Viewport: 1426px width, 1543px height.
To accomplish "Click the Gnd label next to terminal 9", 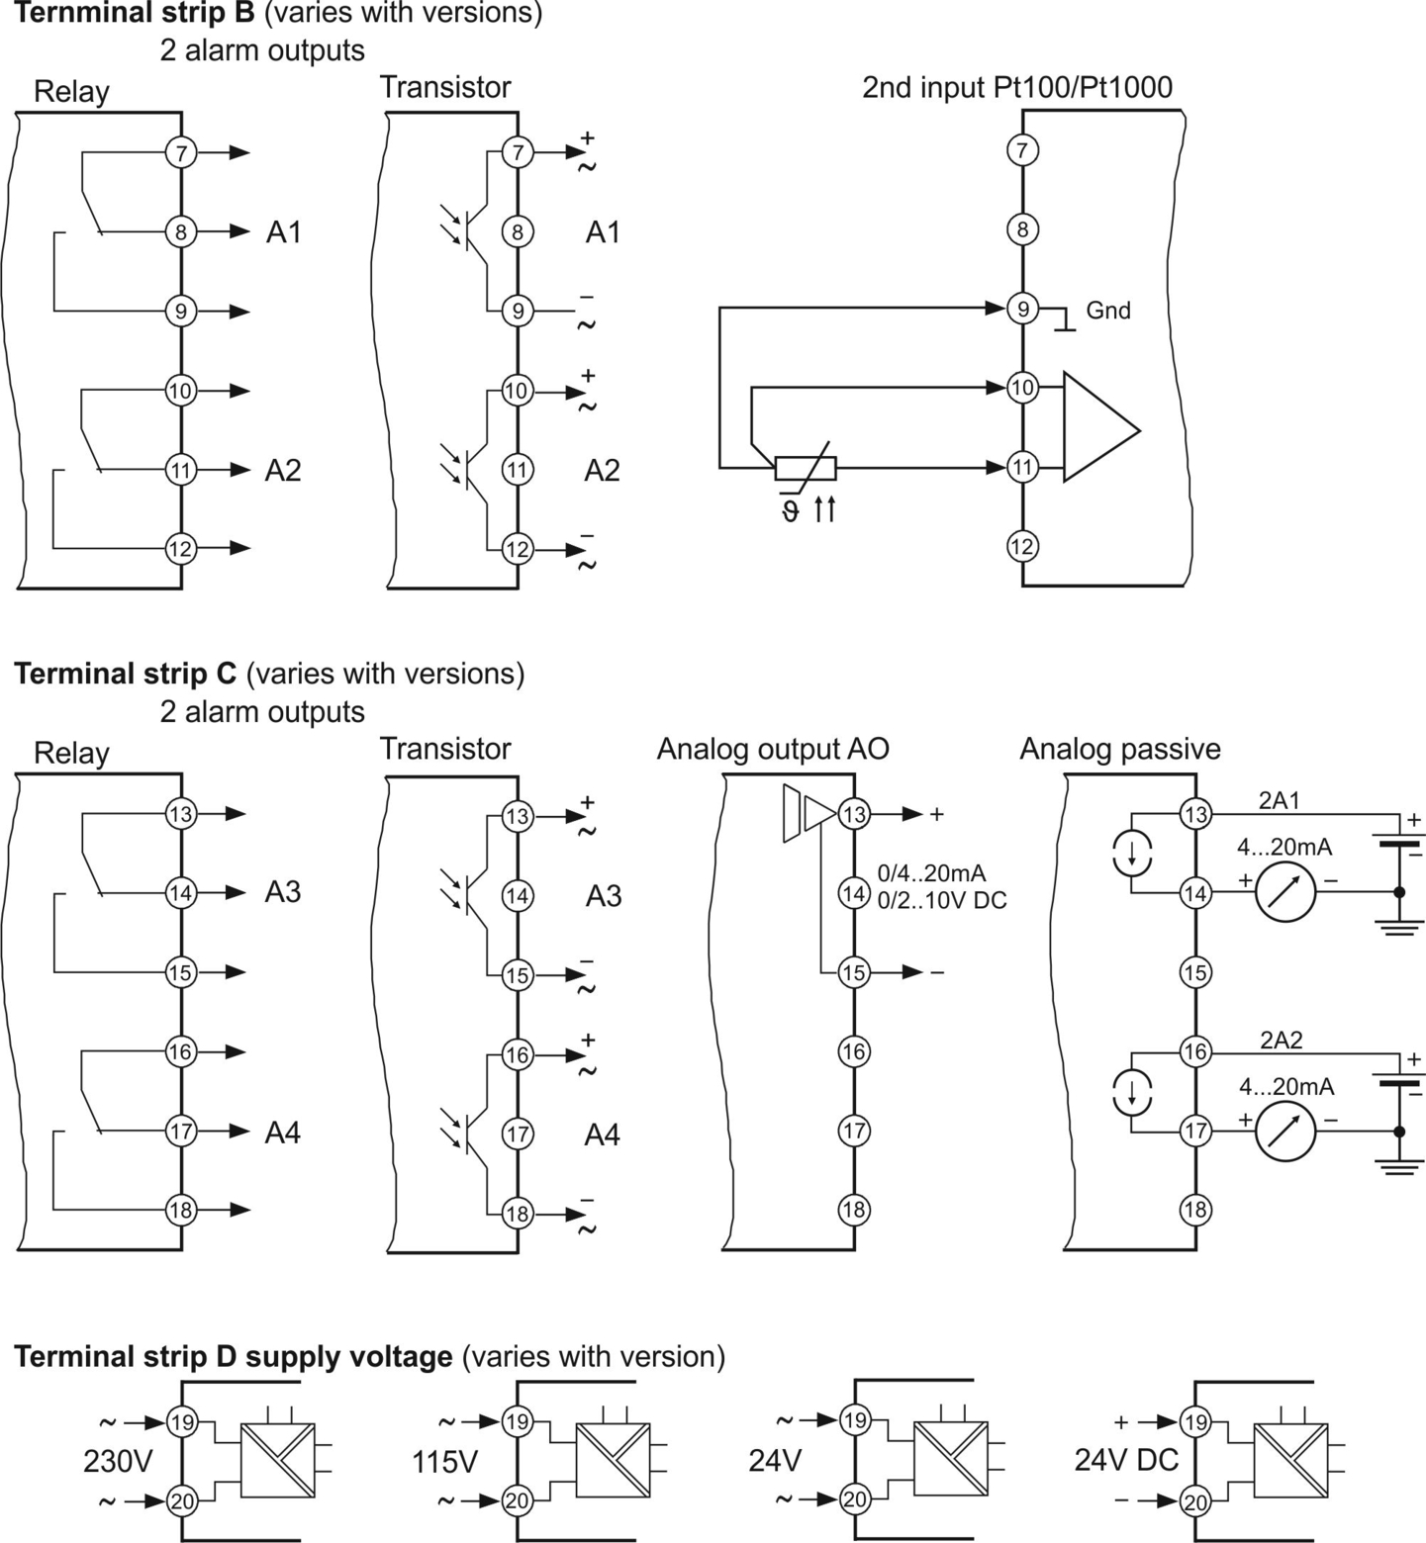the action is click(1107, 311).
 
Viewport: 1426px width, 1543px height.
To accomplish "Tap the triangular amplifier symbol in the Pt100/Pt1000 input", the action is click(1100, 427).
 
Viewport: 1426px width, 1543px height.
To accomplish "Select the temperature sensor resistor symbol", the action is click(805, 468).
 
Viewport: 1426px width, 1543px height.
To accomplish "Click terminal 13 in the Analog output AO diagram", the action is click(853, 814).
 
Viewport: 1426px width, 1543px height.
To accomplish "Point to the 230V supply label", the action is click(118, 1461).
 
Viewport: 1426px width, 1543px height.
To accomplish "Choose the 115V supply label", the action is click(445, 1461).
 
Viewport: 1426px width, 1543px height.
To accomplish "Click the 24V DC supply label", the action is click(1126, 1460).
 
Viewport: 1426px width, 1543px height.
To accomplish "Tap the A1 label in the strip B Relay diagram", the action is click(284, 232).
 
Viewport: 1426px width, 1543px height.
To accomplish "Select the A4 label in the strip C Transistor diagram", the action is click(603, 1135).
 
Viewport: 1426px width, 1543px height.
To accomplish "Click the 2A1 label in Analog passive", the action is click(1280, 800).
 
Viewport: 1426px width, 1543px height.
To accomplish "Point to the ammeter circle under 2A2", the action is click(1285, 1131).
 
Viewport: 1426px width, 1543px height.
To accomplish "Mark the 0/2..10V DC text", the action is click(942, 900).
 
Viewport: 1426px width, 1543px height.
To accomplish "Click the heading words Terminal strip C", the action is click(126, 674).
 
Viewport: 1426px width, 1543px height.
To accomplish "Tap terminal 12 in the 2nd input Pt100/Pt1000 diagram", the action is click(1022, 546).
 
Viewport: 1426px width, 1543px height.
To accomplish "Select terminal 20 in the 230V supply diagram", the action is click(182, 1501).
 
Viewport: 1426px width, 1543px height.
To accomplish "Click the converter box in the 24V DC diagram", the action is click(1290, 1459).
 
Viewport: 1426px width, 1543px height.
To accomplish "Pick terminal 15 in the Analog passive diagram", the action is click(1195, 972).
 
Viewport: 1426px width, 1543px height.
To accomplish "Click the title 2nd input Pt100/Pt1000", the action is click(1017, 87).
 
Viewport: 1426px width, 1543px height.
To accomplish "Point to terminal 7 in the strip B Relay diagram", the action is click(181, 153).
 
